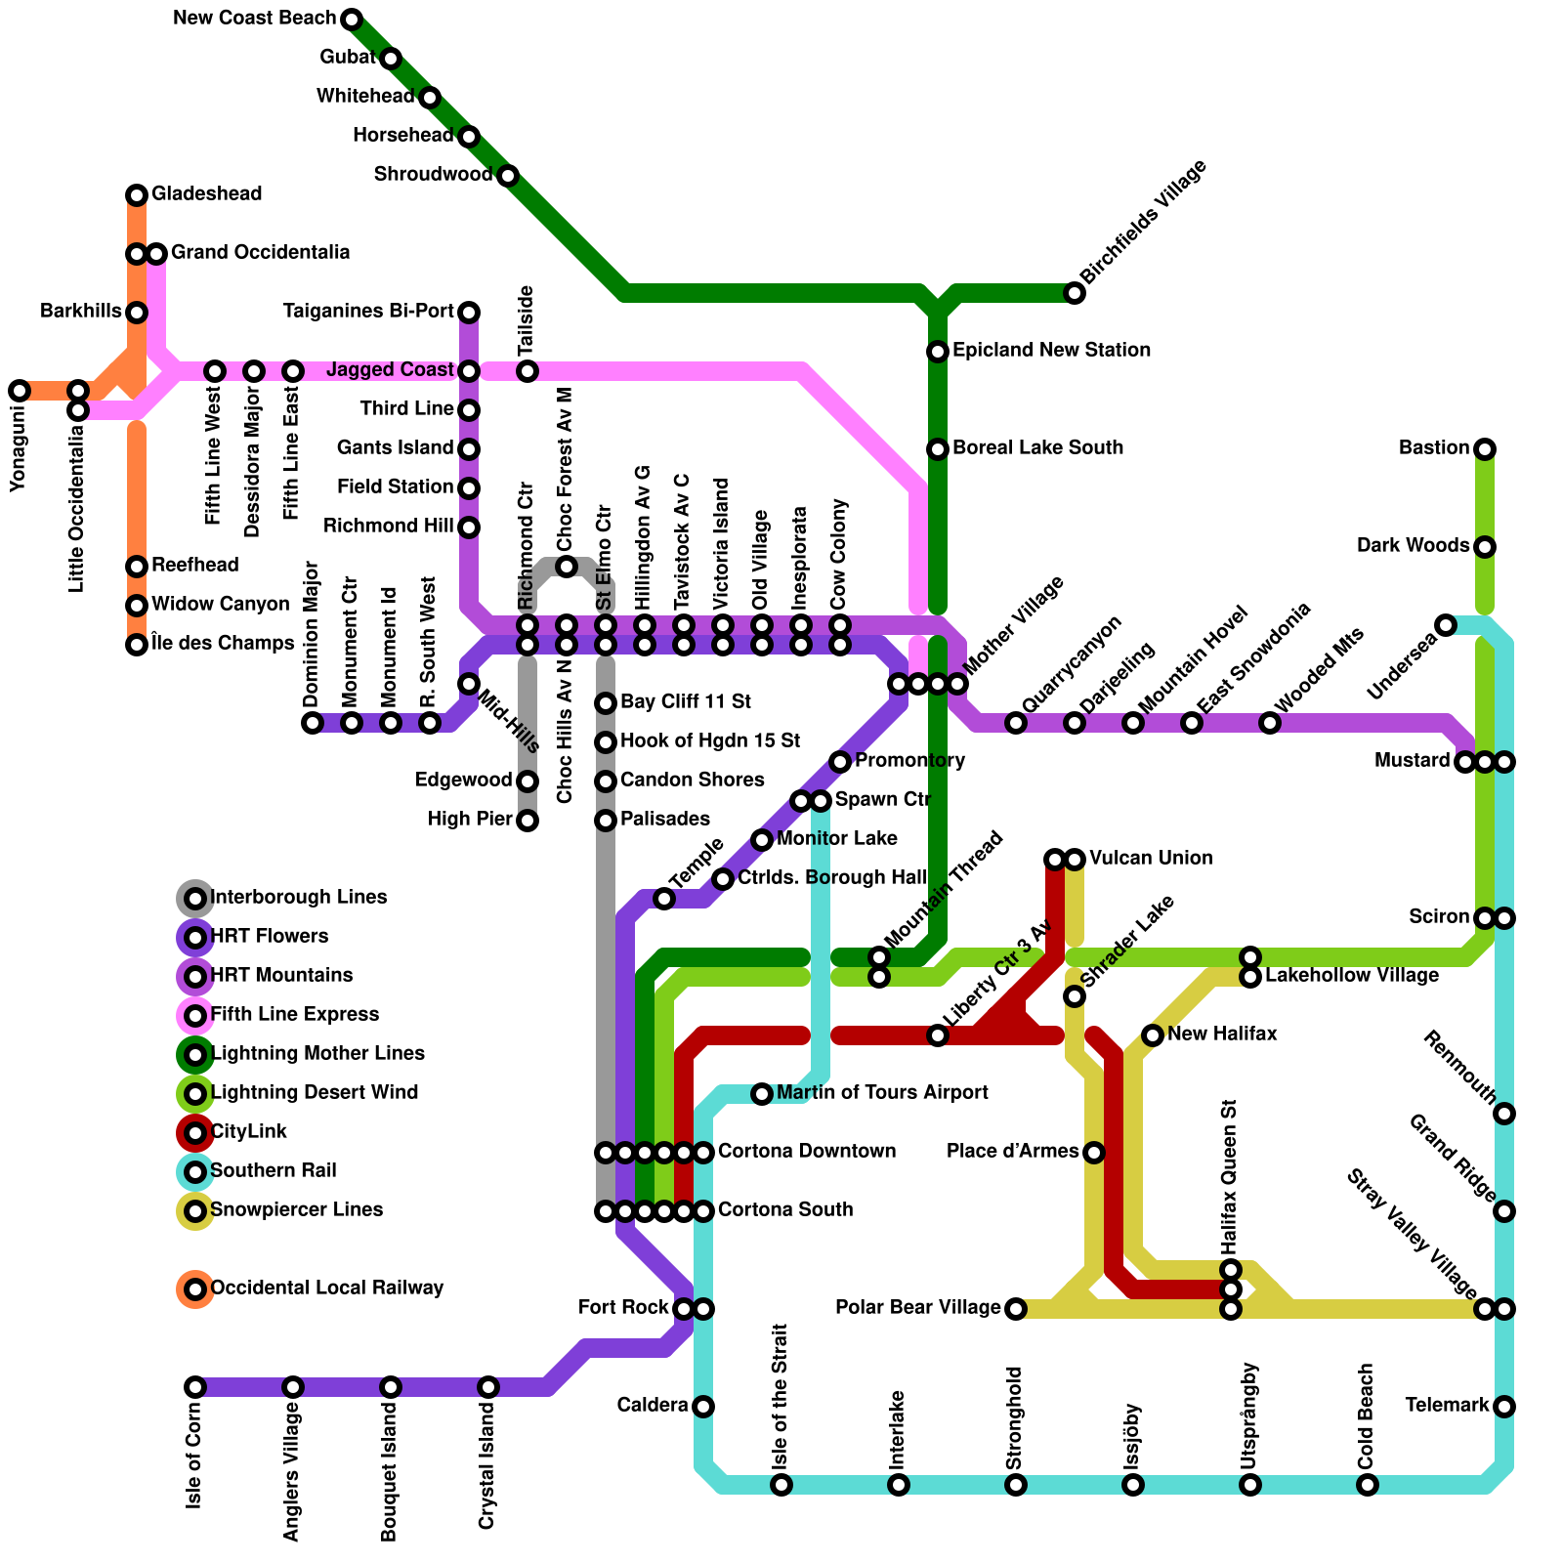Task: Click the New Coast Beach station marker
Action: tap(352, 20)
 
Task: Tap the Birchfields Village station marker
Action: tap(1075, 293)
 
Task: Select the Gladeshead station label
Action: tap(206, 194)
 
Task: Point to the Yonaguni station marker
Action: tap(20, 391)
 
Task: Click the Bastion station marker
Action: tap(1485, 449)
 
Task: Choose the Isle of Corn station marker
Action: tap(195, 1387)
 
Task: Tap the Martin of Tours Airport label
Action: tap(882, 1093)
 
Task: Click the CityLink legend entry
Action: tap(249, 1132)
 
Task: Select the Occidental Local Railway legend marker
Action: tap(195, 1289)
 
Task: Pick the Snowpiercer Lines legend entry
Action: tap(296, 1210)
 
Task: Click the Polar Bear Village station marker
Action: tap(1016, 1309)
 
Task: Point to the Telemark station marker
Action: tap(1504, 1407)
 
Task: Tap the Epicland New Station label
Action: tap(1051, 351)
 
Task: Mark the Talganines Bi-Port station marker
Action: tap(469, 313)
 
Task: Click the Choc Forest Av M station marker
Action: tap(567, 567)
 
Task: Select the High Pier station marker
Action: tap(528, 821)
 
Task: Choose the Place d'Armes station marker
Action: tap(1094, 1153)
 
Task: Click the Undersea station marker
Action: tap(1446, 625)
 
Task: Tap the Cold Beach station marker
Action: tap(1368, 1485)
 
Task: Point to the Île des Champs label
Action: tap(223, 644)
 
